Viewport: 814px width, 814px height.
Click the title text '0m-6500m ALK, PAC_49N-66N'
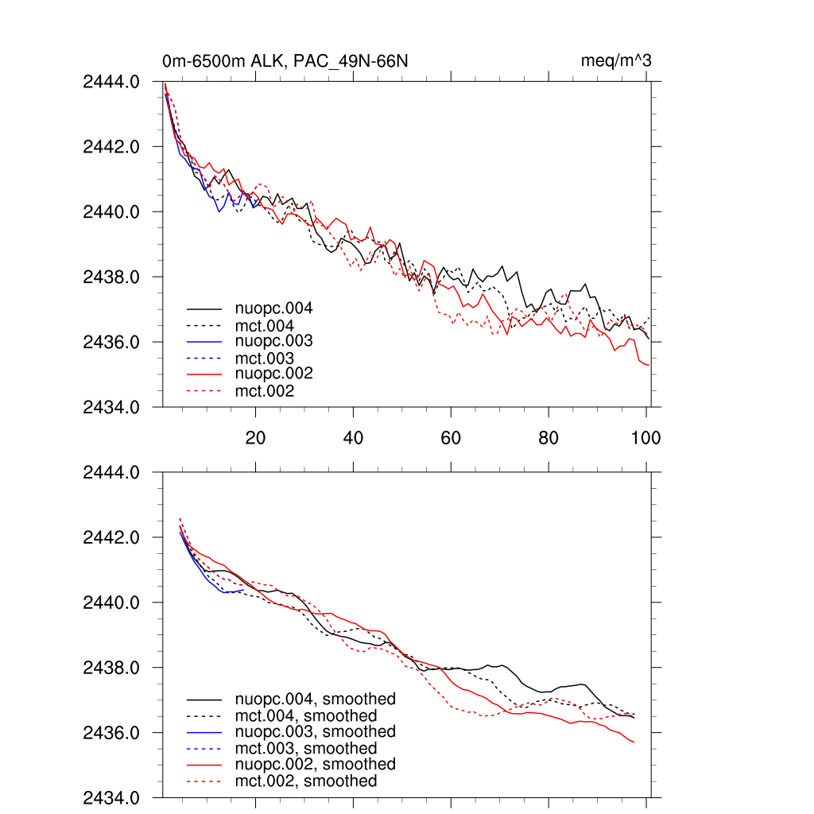pos(285,61)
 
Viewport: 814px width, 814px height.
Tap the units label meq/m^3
pos(617,61)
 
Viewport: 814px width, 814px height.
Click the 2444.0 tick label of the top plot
pos(111,81)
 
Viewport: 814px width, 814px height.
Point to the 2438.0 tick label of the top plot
pos(111,277)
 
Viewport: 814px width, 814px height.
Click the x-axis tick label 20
pos(255,437)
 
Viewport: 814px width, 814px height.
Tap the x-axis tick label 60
pos(451,437)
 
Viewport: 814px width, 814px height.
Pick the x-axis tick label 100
pos(645,437)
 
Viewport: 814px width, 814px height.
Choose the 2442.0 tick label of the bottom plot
pos(111,537)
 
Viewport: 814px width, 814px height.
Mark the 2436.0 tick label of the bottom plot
pos(111,732)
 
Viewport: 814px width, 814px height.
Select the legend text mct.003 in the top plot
pos(264,359)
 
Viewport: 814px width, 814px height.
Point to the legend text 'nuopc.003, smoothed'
pos(315,731)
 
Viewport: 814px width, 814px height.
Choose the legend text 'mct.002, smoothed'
pos(306,781)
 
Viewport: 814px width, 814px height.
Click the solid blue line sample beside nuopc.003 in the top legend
pos(203,341)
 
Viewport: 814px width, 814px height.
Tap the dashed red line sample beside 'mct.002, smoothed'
pos(203,781)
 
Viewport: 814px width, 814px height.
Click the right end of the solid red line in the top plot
pos(649,365)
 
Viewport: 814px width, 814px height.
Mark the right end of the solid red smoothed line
pos(634,742)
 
